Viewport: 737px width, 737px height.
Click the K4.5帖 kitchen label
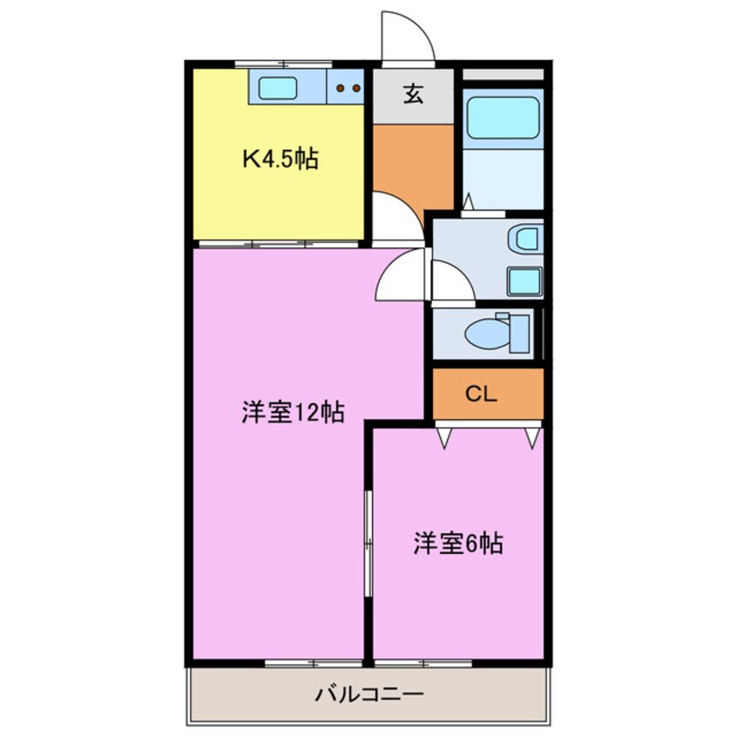(x=281, y=159)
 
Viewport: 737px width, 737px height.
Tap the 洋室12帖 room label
(x=294, y=412)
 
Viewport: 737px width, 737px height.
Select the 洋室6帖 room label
(x=458, y=544)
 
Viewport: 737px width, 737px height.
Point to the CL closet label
(x=481, y=394)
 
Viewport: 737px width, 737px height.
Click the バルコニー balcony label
(x=369, y=693)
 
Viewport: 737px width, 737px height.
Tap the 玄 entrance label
(x=413, y=93)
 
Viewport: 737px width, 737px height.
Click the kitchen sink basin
(x=278, y=88)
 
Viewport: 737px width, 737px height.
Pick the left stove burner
(x=340, y=88)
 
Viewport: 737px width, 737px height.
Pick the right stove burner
(x=356, y=88)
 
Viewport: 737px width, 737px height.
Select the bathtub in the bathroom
(x=503, y=118)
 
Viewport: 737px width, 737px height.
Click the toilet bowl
(x=487, y=335)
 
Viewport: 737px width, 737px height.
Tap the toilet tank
(x=520, y=334)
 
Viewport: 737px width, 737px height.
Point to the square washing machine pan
(x=524, y=282)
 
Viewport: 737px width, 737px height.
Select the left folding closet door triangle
(x=444, y=437)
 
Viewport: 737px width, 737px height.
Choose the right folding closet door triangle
(x=532, y=437)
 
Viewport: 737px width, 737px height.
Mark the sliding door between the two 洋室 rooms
(x=368, y=544)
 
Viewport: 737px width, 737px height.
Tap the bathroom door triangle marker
(x=468, y=202)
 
